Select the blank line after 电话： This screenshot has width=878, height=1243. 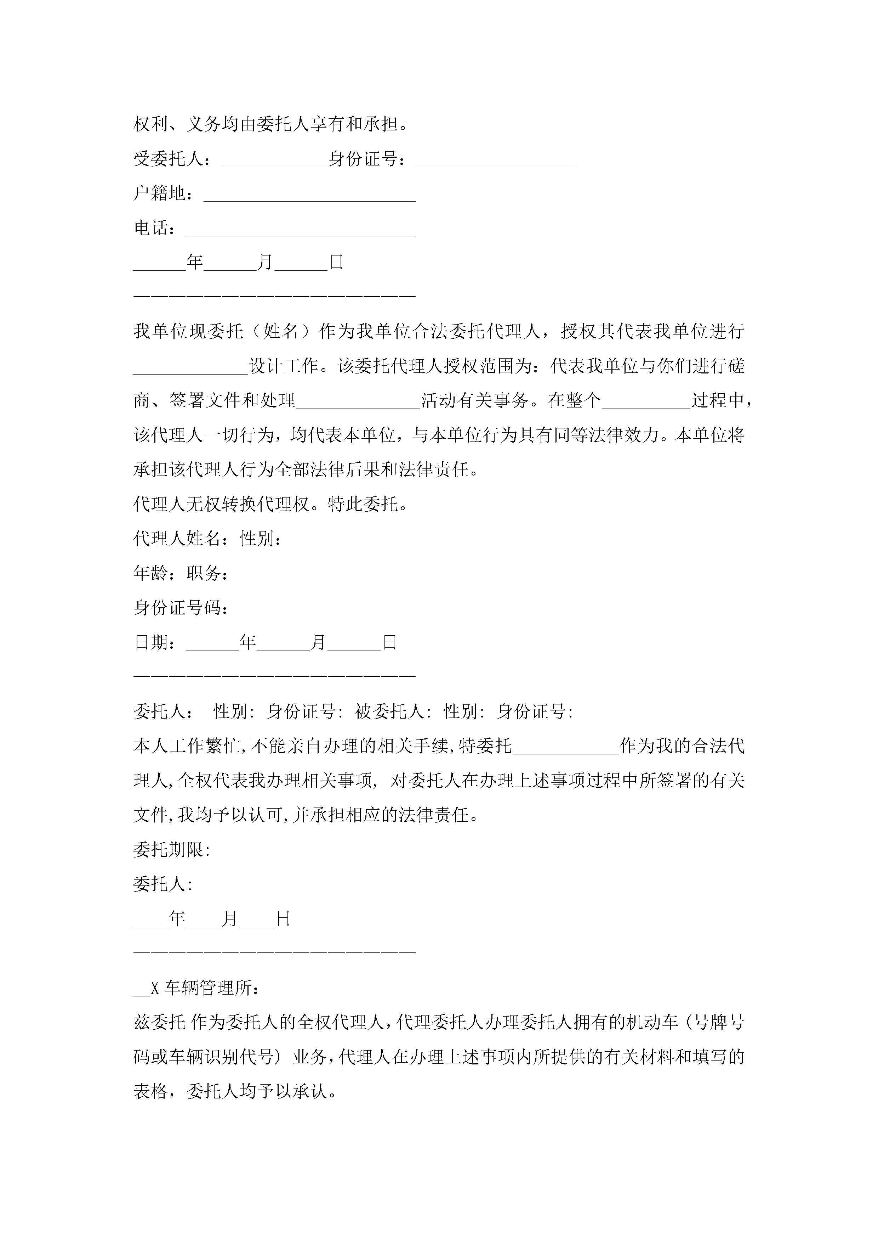click(301, 231)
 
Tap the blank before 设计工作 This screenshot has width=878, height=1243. click(190, 369)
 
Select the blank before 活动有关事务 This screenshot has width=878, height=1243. click(358, 403)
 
